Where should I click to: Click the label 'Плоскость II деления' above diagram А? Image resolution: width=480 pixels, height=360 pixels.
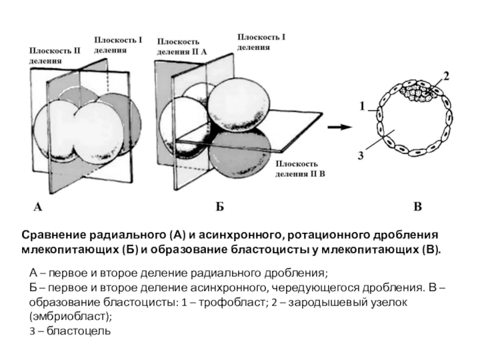(x=55, y=55)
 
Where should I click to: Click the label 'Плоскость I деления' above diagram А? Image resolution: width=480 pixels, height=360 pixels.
(x=118, y=44)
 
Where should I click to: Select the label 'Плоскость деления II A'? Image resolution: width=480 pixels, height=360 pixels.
(x=182, y=46)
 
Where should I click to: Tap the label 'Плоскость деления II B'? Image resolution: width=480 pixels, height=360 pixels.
(x=300, y=169)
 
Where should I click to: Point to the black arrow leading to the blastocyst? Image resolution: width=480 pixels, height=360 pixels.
(x=342, y=127)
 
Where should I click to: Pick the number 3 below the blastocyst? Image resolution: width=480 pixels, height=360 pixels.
(x=361, y=155)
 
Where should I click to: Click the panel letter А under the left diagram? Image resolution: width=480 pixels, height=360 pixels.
(x=38, y=207)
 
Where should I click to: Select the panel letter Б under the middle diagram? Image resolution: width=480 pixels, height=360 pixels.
(x=220, y=207)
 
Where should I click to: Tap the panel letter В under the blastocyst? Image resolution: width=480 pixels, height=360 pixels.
(x=418, y=207)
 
